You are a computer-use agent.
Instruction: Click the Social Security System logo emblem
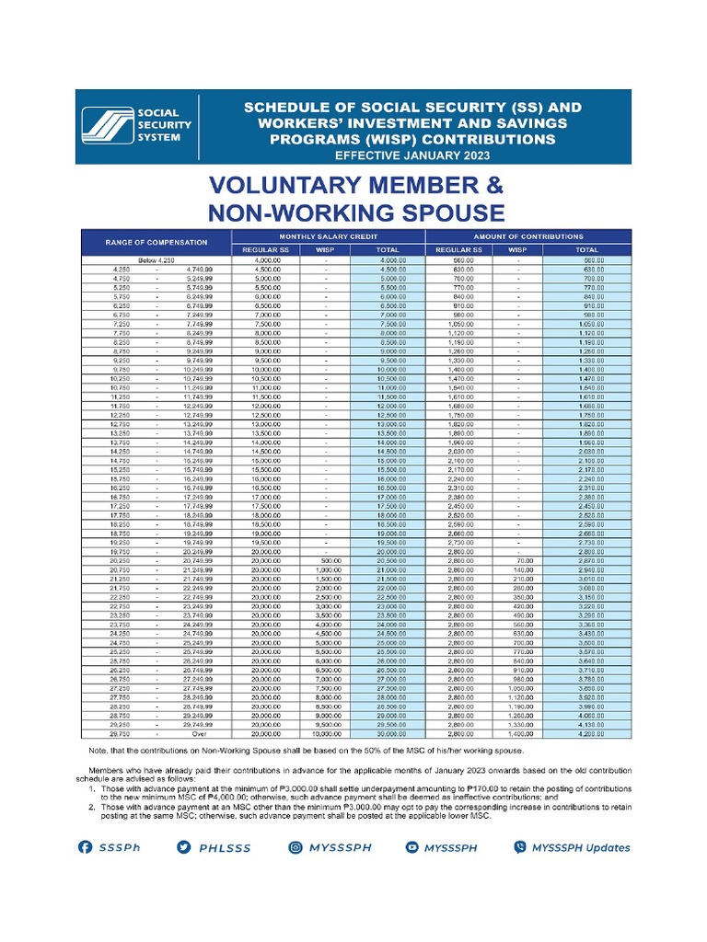[x=105, y=127]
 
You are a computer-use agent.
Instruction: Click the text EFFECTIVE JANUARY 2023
[x=411, y=155]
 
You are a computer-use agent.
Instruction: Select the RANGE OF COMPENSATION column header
[x=156, y=243]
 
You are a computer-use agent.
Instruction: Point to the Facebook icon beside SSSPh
[x=85, y=847]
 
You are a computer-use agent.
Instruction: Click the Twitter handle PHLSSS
[x=226, y=847]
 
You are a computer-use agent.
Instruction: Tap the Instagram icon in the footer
[x=296, y=847]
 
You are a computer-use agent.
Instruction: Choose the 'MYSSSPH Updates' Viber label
[x=580, y=847]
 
